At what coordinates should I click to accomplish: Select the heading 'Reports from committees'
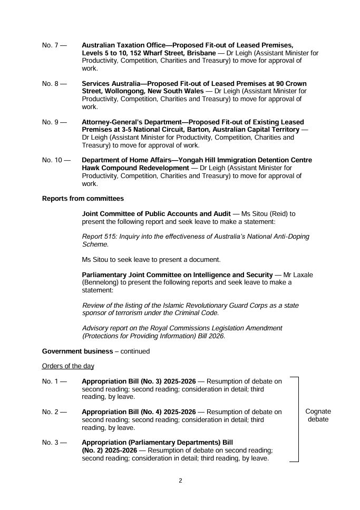click(x=83, y=199)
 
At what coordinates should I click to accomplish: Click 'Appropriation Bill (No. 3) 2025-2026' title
click(x=139, y=381)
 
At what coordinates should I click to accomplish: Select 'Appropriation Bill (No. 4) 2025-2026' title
click(x=139, y=412)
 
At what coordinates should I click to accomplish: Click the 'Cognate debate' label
click(x=318, y=416)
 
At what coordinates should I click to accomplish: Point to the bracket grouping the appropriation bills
click(x=298, y=419)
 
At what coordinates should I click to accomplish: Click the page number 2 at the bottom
click(x=180, y=480)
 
